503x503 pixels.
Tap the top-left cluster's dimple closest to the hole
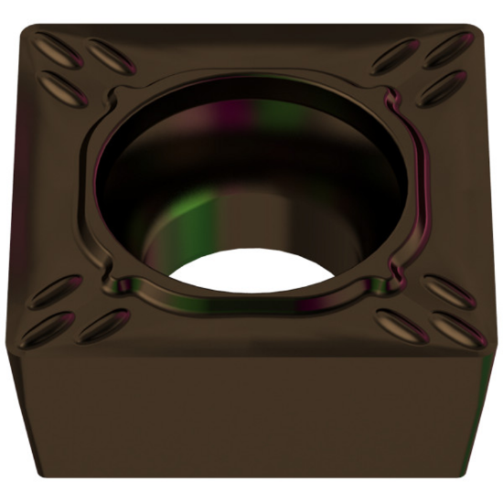pos(109,56)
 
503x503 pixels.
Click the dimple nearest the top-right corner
pos(451,50)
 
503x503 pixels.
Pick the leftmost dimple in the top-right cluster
pos(396,56)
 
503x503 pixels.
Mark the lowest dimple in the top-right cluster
pos(444,89)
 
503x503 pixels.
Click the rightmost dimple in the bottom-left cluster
pos(103,326)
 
